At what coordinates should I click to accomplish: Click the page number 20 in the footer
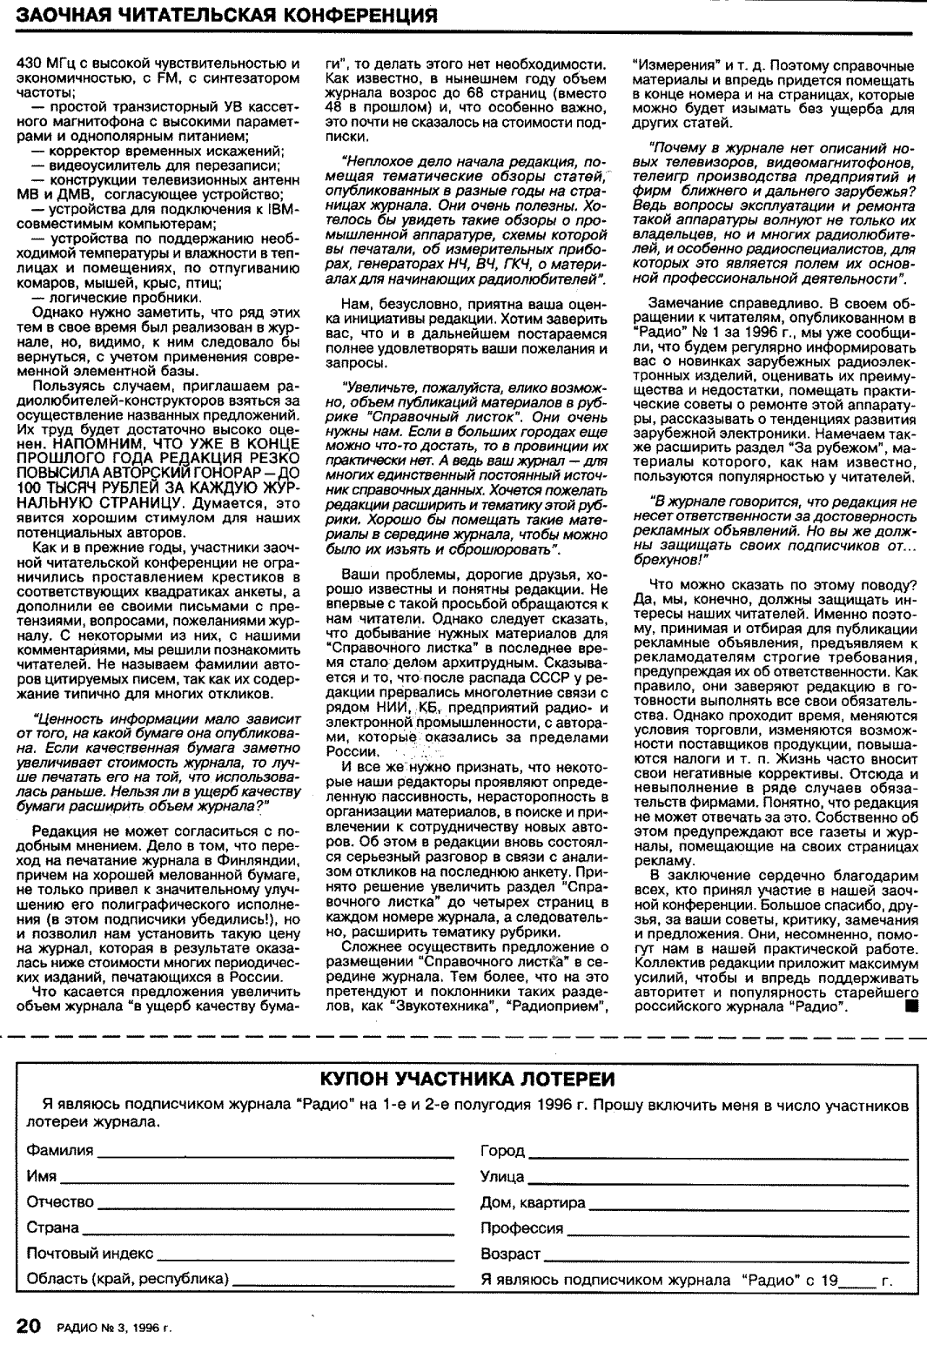pyautogui.click(x=28, y=1325)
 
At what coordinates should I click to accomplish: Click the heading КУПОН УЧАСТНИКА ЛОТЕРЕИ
pyautogui.click(x=467, y=1080)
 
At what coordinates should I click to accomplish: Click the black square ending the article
pyautogui.click(x=911, y=1006)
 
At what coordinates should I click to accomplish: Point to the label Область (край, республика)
pyautogui.click(x=128, y=1279)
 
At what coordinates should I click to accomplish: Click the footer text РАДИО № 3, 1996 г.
pyautogui.click(x=114, y=1328)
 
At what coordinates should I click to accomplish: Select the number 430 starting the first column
pyautogui.click(x=30, y=64)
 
